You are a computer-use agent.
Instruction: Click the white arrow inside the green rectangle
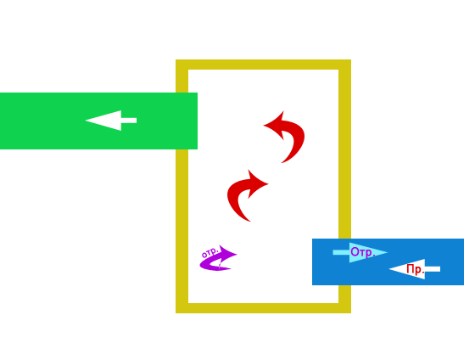(x=111, y=121)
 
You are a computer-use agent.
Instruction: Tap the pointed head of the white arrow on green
(x=86, y=121)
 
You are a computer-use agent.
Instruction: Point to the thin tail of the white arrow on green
(x=136, y=121)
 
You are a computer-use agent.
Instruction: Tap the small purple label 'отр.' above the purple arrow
(x=210, y=252)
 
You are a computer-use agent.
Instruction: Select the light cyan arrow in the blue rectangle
(x=360, y=252)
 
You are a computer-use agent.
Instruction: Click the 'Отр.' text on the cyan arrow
(x=363, y=252)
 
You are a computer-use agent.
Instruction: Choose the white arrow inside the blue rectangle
(x=415, y=269)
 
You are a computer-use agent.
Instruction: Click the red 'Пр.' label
(x=416, y=269)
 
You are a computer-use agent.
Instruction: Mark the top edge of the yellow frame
(x=263, y=65)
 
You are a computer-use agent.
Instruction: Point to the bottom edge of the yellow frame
(x=263, y=308)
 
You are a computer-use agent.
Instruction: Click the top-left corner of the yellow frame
(x=176, y=59)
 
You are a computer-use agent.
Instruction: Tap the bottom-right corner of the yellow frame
(x=351, y=313)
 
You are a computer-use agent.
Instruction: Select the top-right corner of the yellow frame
(x=351, y=59)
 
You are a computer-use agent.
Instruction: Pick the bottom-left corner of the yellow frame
(x=176, y=313)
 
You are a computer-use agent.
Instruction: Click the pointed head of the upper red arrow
(x=264, y=125)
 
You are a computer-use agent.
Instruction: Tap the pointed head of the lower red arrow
(x=268, y=183)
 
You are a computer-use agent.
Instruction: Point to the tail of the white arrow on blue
(x=439, y=269)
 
